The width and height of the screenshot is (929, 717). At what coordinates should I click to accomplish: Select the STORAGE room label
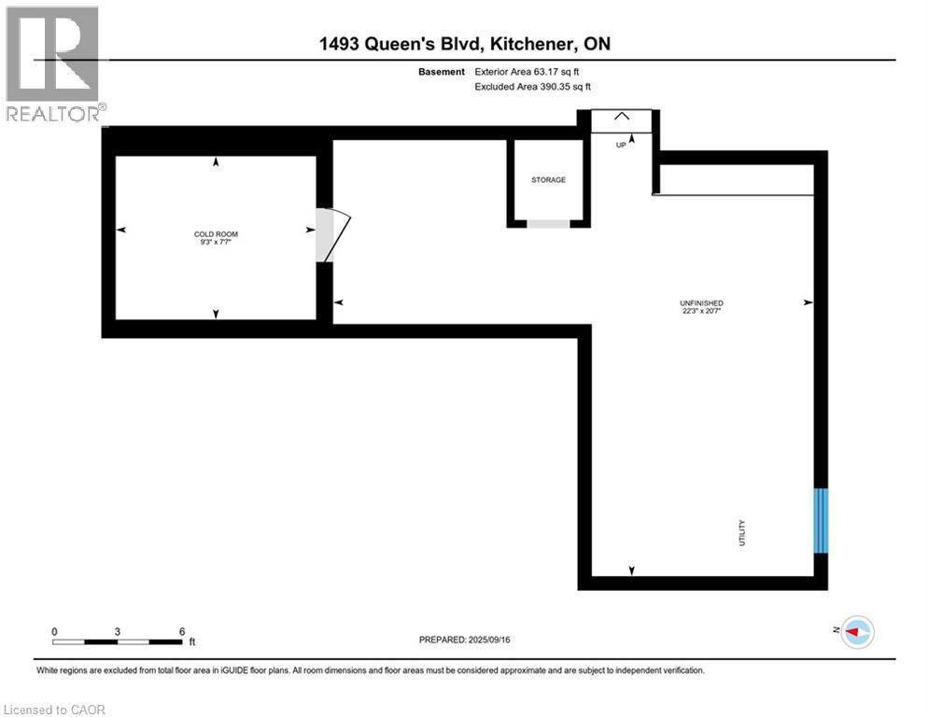pyautogui.click(x=548, y=180)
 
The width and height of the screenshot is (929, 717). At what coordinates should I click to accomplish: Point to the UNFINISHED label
pyautogui.click(x=701, y=303)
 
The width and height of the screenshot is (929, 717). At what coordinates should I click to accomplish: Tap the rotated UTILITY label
pyautogui.click(x=742, y=534)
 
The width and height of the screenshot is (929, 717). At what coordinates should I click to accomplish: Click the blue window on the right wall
pyautogui.click(x=821, y=520)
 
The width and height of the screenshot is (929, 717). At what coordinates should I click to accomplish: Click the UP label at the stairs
pyautogui.click(x=620, y=146)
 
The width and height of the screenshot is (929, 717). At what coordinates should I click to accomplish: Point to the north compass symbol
pyautogui.click(x=856, y=632)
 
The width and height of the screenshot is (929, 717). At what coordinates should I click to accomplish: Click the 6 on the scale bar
pyautogui.click(x=181, y=630)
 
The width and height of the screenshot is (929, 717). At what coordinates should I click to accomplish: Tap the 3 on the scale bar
pyautogui.click(x=118, y=630)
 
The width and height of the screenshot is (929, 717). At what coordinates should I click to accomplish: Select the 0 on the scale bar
pyautogui.click(x=55, y=630)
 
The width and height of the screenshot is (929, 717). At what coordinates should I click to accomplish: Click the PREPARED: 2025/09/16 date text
pyautogui.click(x=464, y=640)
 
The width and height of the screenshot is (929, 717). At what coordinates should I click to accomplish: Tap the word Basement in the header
pyautogui.click(x=442, y=71)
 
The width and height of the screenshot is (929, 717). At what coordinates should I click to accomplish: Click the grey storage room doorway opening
pyautogui.click(x=548, y=224)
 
